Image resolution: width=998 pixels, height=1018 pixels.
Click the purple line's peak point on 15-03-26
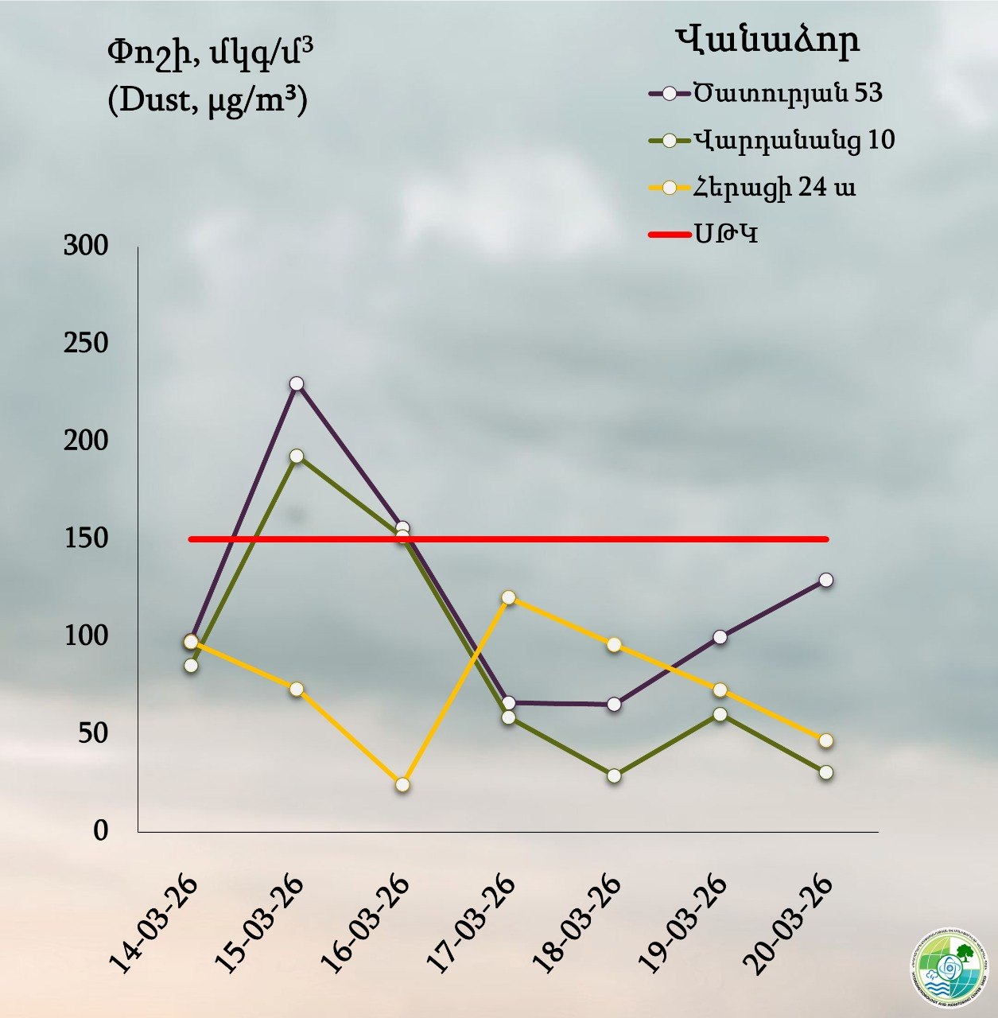coord(297,384)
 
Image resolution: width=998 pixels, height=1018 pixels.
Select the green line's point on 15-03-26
coord(297,457)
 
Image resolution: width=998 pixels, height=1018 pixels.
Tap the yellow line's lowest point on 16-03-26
coord(402,785)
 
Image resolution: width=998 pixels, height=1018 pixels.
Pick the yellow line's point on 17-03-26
coord(508,597)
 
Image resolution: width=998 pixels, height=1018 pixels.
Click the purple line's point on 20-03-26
coord(826,580)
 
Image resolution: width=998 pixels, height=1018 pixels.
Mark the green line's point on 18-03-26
coord(614,776)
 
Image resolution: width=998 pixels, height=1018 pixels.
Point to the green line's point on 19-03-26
coord(720,714)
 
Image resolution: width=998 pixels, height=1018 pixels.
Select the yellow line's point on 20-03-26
coord(826,740)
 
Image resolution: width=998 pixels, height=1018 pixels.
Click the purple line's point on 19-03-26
coord(720,637)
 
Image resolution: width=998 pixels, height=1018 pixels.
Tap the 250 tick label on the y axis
coord(86,344)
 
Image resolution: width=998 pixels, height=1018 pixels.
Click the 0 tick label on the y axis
coord(100,830)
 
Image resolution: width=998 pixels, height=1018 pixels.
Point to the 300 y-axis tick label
coord(86,246)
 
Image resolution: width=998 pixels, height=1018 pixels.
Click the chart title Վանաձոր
coord(767,40)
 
